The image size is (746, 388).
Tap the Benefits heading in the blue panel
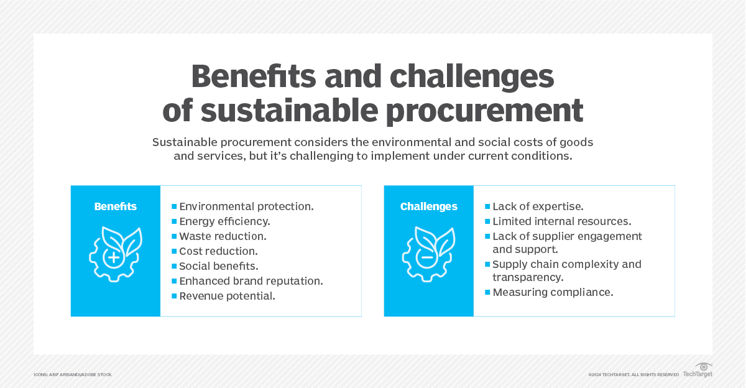(116, 206)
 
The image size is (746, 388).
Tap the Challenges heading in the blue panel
(428, 206)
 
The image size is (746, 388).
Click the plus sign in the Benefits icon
(114, 257)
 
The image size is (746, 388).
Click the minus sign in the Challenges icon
(427, 257)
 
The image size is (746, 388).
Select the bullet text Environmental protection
(246, 206)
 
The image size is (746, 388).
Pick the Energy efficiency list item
(224, 221)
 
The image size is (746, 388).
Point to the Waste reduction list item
(223, 236)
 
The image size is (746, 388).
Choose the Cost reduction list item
(218, 251)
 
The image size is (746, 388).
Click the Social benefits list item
(219, 266)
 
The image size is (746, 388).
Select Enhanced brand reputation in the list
(251, 281)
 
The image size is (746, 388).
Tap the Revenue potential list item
(227, 296)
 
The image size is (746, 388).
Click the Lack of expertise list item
(538, 206)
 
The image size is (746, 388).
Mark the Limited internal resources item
(562, 221)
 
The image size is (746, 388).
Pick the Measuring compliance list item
(553, 292)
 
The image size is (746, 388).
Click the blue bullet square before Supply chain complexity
(487, 264)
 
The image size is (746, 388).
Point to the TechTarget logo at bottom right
(698, 371)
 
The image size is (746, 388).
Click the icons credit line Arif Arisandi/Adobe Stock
(73, 374)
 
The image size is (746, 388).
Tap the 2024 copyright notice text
(633, 374)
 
